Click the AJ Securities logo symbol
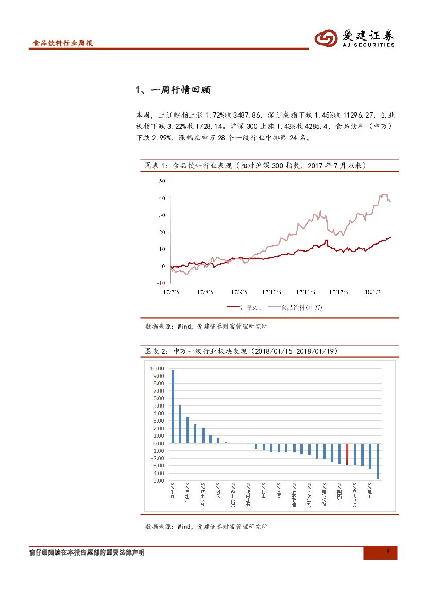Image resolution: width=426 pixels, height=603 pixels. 326,38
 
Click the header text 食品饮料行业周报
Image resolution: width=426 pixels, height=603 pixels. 62,44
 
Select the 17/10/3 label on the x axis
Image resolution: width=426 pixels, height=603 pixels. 271,292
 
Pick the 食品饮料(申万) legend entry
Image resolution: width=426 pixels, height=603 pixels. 301,308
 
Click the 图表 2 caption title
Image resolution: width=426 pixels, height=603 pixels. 241,351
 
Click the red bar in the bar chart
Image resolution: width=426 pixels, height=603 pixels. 348,454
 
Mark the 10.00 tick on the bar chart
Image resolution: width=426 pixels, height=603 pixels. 157,368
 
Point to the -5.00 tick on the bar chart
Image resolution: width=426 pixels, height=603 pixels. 157,481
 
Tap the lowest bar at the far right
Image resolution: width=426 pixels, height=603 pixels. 378,461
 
